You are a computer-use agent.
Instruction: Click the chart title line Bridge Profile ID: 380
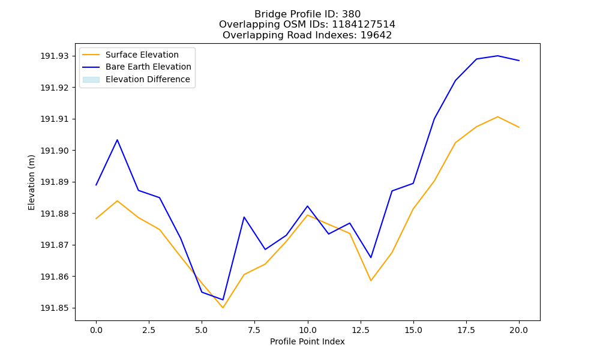pos(307,14)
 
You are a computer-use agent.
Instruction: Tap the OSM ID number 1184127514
pos(364,25)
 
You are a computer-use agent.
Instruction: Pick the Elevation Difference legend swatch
pos(91,79)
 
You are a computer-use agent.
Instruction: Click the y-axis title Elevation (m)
pos(31,182)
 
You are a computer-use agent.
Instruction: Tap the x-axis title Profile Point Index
pos(307,341)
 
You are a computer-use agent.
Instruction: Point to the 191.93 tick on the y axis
pos(55,56)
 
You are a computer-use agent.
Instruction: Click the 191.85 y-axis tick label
pos(55,308)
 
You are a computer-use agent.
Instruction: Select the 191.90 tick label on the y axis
pos(55,151)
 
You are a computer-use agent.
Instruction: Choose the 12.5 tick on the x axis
pos(361,330)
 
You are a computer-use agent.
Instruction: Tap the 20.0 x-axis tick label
pos(519,330)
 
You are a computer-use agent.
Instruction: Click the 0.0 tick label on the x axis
pos(96,330)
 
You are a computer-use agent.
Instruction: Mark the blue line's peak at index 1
pos(117,140)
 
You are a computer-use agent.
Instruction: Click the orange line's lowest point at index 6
pos(223,308)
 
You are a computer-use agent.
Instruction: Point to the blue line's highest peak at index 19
pos(497,56)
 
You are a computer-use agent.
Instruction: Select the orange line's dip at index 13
pos(371,281)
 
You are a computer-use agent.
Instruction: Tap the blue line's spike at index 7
pos(244,217)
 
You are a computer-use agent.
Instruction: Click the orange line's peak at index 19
pos(497,116)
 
